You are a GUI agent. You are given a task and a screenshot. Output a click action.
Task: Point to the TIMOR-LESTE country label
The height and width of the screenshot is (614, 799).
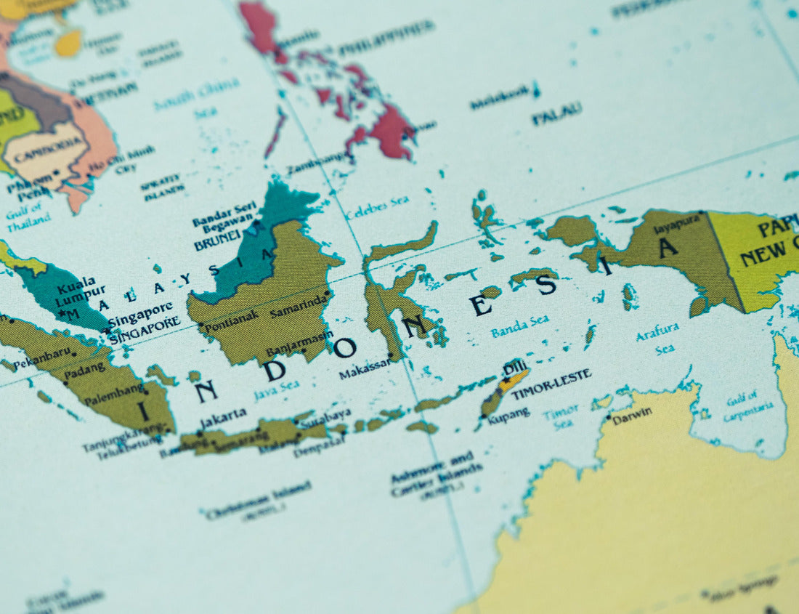click(551, 384)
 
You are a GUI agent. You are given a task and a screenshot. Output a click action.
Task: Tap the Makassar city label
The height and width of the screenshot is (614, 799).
click(365, 370)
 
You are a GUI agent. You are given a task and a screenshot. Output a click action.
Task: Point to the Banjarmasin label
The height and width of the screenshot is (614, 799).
click(299, 343)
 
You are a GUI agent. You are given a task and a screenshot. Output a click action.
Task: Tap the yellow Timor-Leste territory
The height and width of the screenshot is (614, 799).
click(514, 379)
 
